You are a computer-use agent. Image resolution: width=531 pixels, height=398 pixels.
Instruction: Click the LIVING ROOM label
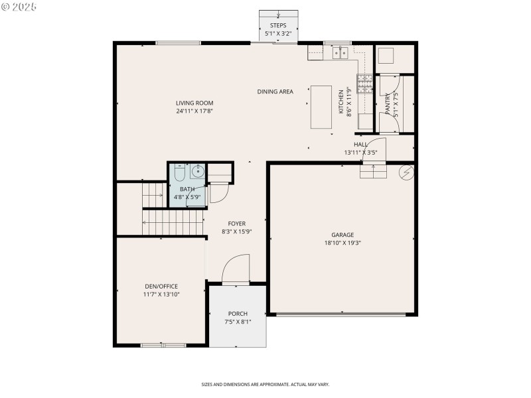point(194,103)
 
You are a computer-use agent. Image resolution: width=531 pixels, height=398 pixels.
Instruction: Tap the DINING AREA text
point(275,92)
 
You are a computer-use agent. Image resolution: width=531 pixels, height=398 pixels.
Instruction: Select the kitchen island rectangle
point(321,107)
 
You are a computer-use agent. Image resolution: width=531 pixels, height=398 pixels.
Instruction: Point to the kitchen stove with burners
point(365,84)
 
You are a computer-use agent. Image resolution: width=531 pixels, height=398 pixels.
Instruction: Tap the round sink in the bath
point(197,172)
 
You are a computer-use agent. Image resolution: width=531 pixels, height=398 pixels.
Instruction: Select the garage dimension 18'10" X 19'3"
point(342,243)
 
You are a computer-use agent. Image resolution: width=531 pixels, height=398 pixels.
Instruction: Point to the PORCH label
point(238,314)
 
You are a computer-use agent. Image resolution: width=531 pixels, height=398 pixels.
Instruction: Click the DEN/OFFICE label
point(161,287)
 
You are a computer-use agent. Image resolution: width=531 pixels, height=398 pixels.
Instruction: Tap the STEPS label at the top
point(278,25)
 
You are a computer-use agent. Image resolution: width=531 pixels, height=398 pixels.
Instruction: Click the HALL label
point(360,145)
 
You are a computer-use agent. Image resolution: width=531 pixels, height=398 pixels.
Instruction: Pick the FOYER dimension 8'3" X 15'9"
point(237,232)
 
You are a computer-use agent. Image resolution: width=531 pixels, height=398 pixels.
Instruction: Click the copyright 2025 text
point(19,7)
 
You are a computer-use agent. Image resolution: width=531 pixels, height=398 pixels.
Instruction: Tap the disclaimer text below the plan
point(265,384)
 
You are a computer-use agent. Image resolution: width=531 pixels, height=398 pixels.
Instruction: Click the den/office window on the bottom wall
point(164,345)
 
